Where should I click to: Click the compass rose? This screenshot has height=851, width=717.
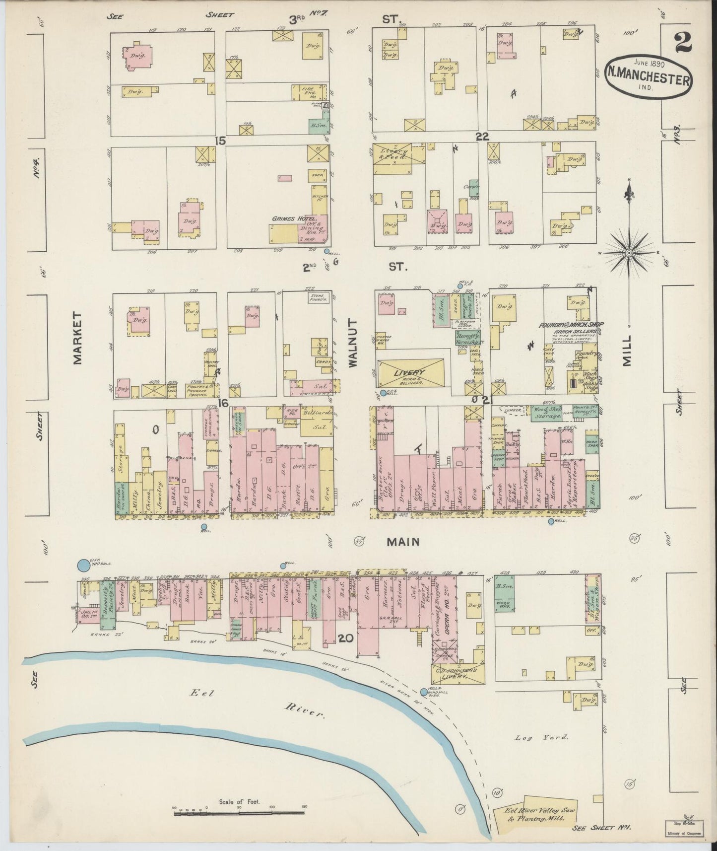pos(629,253)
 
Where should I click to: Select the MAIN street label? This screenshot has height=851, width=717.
pos(403,542)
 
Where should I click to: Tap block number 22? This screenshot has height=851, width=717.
pos(482,137)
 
